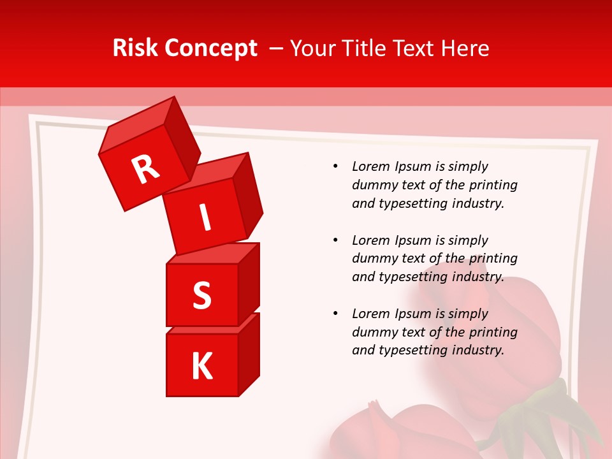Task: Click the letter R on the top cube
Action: (145, 169)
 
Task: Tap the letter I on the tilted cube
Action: (205, 217)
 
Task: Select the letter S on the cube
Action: (201, 296)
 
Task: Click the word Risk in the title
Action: (135, 48)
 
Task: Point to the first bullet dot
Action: (336, 166)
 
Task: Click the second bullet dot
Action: (336, 240)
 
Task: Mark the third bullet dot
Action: (336, 314)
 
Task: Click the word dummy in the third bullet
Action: (372, 332)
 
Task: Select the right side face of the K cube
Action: (249, 354)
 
